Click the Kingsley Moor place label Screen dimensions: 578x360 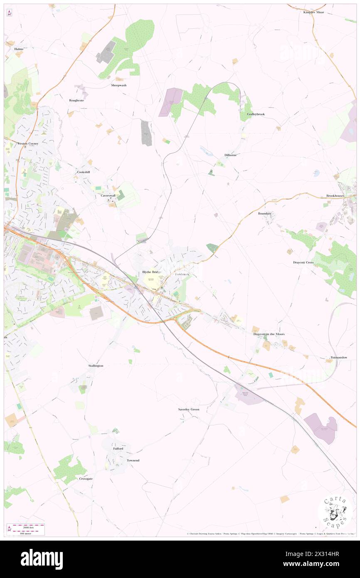coord(313,12)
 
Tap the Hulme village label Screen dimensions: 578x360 coord(19,49)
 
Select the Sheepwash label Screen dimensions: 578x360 coord(118,85)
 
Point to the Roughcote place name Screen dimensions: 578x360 coord(76,101)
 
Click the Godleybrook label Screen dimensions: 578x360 coord(256,114)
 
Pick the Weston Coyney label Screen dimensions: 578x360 coord(27,143)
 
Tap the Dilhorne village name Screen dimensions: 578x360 coord(230,155)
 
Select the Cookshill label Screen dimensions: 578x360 coord(83,172)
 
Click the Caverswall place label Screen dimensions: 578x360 coord(108,195)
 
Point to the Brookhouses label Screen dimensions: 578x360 coord(335,195)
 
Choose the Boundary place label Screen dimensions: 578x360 coord(264,213)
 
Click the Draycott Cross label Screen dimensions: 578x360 coord(303,263)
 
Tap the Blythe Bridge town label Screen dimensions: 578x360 coord(151,272)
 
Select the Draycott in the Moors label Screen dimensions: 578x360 coord(269,334)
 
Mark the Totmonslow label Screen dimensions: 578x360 coord(338,357)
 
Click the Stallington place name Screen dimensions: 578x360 coord(96,366)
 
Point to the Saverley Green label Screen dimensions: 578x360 coord(189,409)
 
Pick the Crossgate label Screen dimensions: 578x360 coord(86,479)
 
